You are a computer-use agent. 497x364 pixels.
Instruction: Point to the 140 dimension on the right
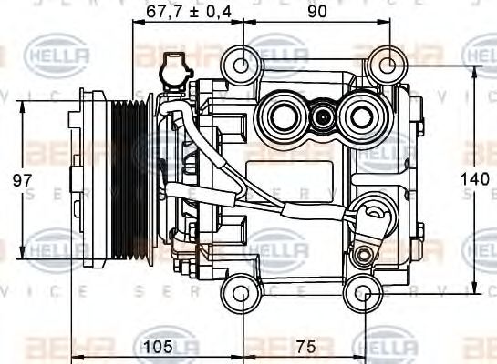tap(481, 180)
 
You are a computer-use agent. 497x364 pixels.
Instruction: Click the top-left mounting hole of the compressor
tap(242, 64)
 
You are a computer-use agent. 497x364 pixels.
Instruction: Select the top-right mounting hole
tap(386, 64)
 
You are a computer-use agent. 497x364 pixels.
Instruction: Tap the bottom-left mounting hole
tap(242, 293)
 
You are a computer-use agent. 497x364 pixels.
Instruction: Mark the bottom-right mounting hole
tap(365, 293)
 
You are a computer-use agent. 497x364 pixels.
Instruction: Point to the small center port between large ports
tap(320, 116)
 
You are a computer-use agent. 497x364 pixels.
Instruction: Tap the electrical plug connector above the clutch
tap(171, 72)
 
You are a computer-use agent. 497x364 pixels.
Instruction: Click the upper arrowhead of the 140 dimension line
tap(473, 70)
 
